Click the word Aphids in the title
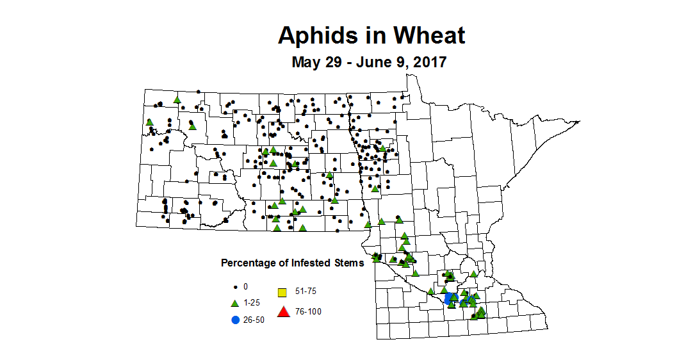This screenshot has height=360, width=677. (x=315, y=35)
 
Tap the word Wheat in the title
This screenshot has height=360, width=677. (x=427, y=35)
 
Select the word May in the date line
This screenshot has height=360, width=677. (x=305, y=63)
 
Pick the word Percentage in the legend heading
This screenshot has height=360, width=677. (x=247, y=263)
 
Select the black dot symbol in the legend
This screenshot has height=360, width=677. (x=235, y=286)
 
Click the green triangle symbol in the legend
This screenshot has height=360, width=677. (x=235, y=302)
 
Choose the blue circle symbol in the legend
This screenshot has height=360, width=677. (x=235, y=319)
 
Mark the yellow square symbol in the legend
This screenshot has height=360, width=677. (x=281, y=293)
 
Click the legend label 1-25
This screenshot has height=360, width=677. (x=252, y=302)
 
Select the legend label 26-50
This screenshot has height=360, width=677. (x=254, y=319)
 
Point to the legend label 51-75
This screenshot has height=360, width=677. (x=305, y=291)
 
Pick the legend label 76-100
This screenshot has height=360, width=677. (x=308, y=312)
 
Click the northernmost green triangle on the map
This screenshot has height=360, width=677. (x=177, y=100)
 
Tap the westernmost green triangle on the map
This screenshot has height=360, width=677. (x=149, y=122)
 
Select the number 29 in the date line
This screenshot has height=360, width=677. (x=325, y=63)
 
